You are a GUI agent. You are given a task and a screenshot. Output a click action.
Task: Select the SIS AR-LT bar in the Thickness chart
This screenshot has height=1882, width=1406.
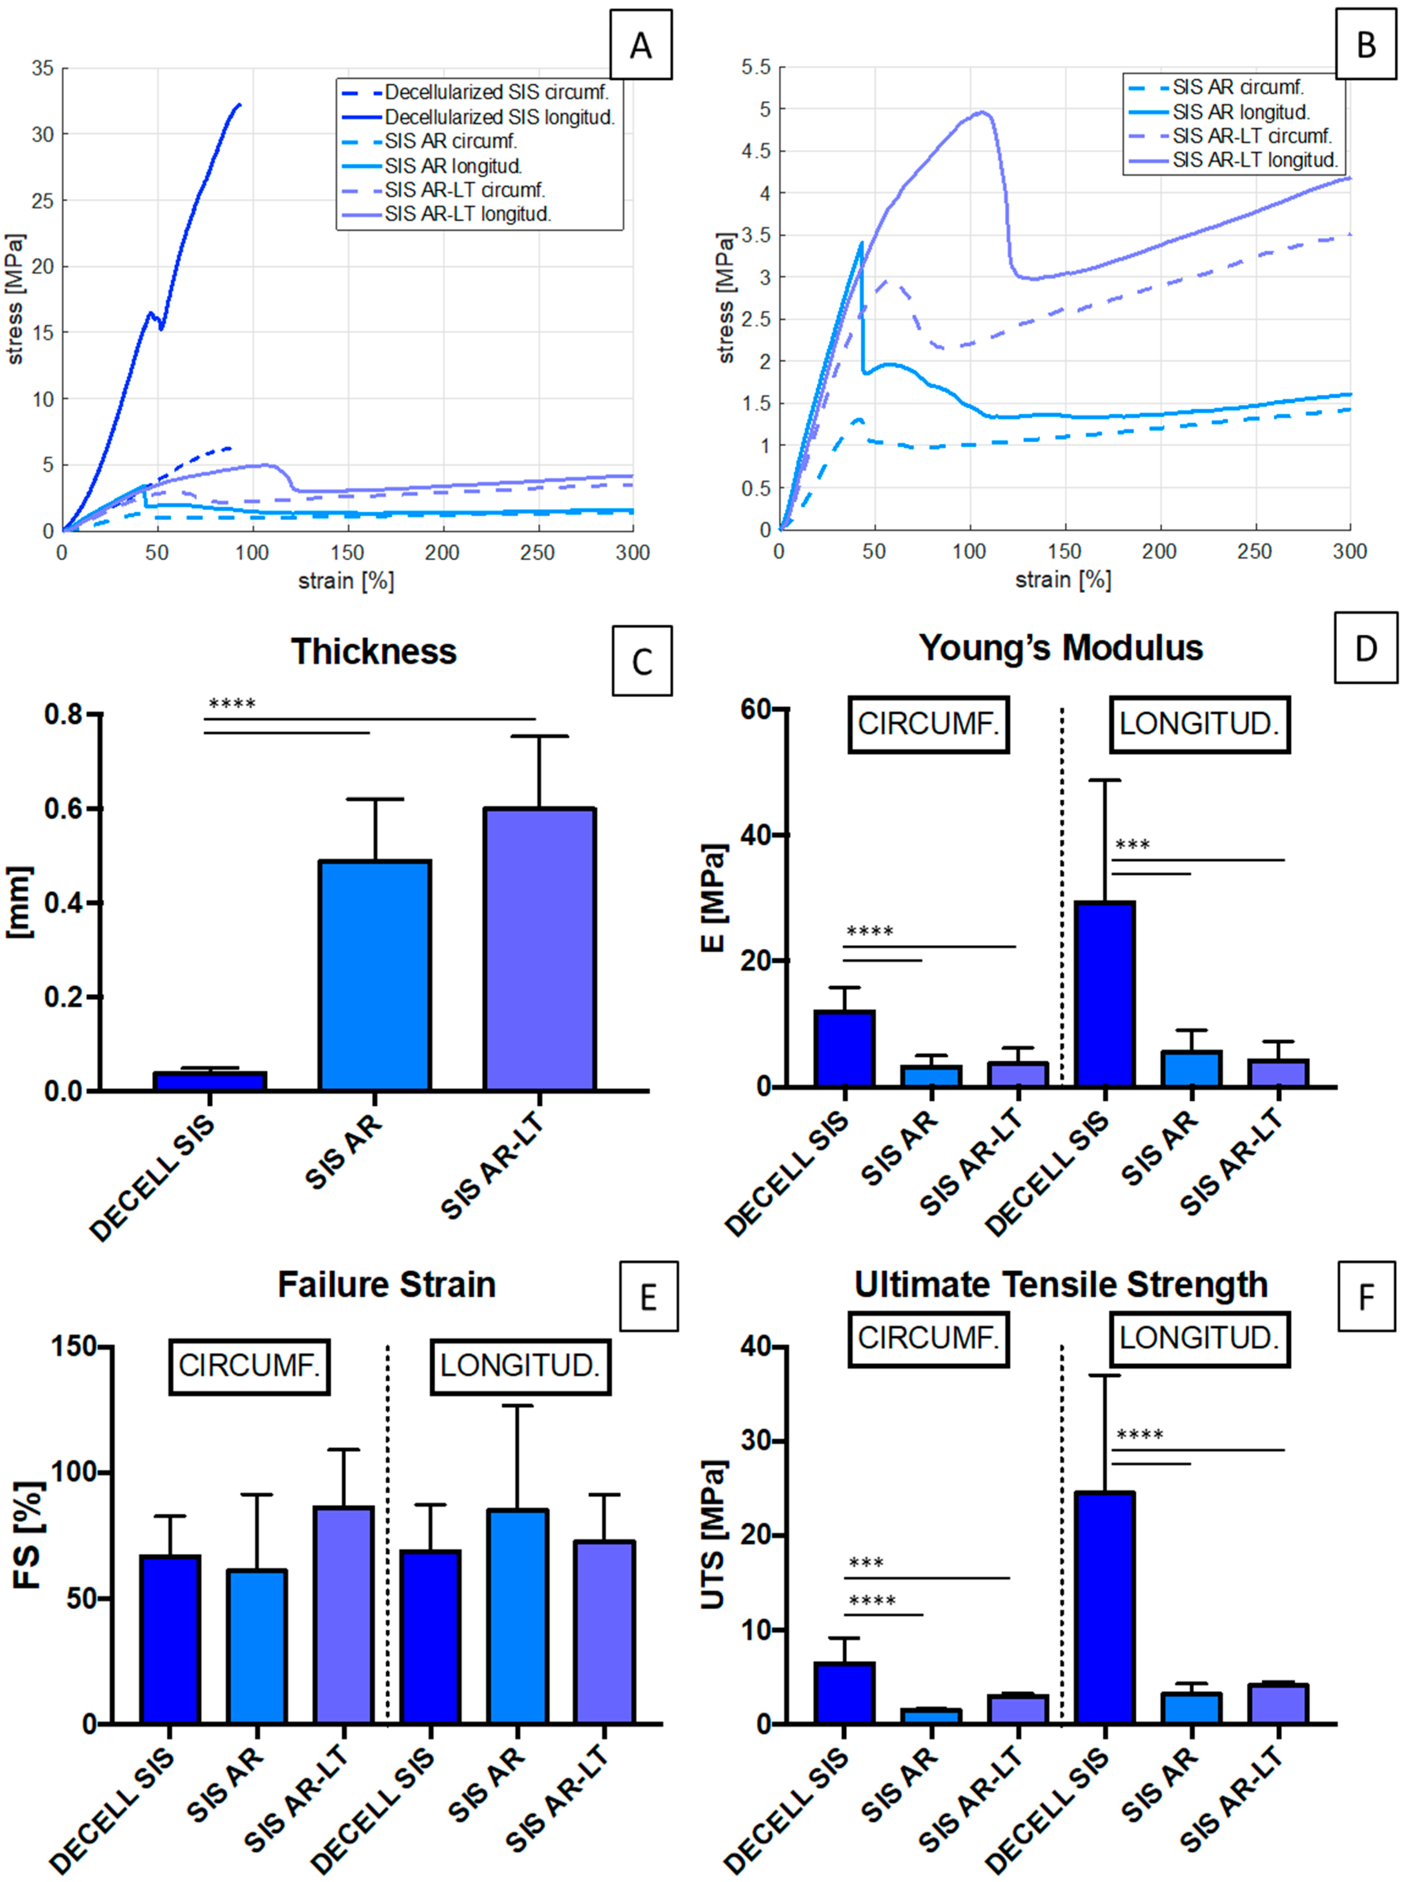click(539, 949)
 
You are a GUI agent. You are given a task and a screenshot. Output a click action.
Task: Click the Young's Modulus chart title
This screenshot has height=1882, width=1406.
click(1061, 648)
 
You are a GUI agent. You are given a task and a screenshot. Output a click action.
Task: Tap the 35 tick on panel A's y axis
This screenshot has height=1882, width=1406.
click(42, 68)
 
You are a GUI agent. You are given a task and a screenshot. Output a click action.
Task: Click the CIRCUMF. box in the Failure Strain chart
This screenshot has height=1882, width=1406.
click(249, 1366)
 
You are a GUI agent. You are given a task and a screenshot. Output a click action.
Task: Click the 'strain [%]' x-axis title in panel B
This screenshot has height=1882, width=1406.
click(1063, 580)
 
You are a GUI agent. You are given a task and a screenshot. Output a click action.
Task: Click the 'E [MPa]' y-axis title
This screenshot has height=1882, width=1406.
click(713, 898)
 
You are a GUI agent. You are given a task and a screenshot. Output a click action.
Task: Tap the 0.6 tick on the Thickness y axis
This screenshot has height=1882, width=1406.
click(63, 808)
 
